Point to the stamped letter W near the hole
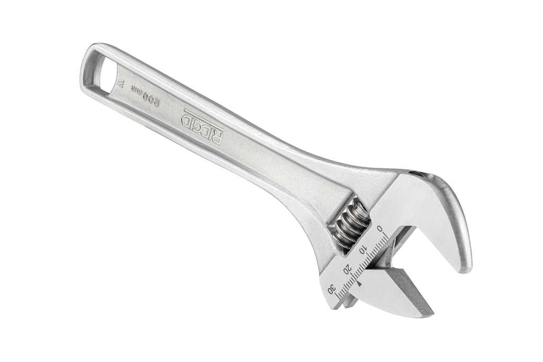click(x=121, y=84)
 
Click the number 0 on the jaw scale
click(x=380, y=229)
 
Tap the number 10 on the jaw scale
click(x=363, y=248)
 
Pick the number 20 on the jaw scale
click(x=347, y=268)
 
